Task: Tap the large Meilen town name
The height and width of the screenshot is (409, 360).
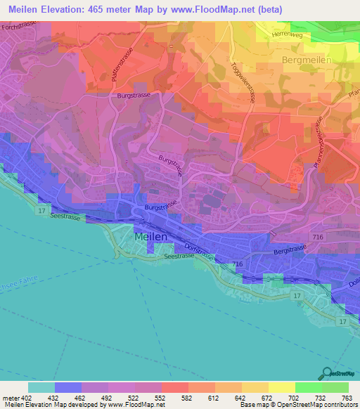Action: tap(150, 238)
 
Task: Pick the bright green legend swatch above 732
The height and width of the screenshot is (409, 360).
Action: tap(308, 387)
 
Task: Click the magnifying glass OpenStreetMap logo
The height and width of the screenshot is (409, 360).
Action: tap(326, 372)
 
